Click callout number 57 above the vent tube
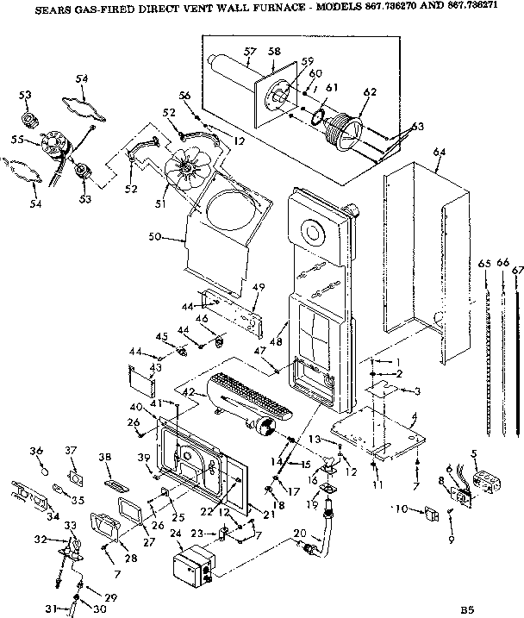tap(248, 51)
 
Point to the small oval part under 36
tap(43, 471)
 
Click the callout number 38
tap(105, 457)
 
